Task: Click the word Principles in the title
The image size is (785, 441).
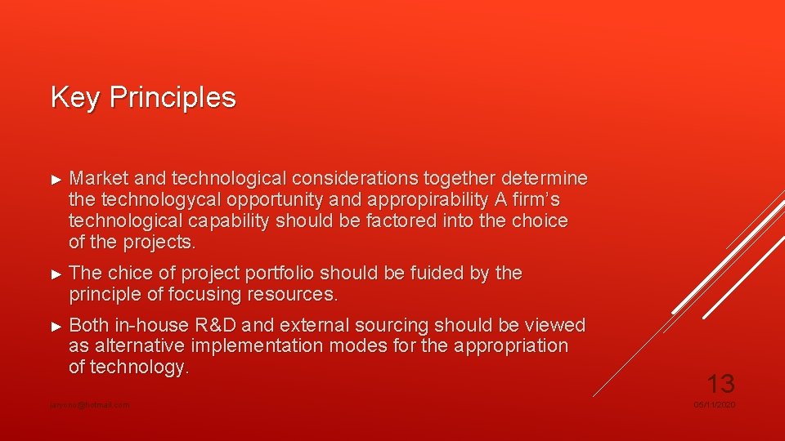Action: (173, 97)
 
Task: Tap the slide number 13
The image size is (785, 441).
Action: (720, 383)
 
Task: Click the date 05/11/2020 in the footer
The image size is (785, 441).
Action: (715, 405)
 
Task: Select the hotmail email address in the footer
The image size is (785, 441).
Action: (90, 405)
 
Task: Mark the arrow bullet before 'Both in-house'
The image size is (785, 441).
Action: (56, 326)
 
